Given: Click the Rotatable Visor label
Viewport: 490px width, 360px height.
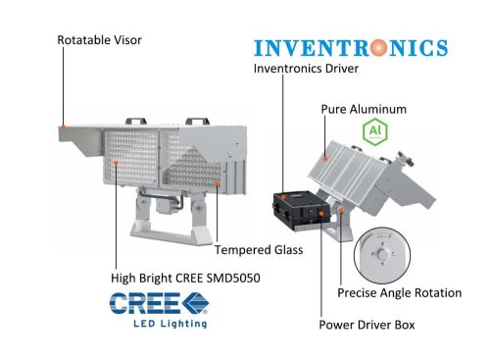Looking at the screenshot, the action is (99, 40).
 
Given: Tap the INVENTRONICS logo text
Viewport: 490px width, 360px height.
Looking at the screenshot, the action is (351, 48).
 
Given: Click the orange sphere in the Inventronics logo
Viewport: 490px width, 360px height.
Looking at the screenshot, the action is (379, 48).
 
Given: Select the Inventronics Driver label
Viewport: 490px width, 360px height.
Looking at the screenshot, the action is (306, 69).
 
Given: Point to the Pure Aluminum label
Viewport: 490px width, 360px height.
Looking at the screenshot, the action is (364, 109).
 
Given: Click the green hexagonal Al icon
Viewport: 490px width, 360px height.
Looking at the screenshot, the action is (375, 131).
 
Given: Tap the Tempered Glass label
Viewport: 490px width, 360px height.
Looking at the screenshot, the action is (259, 250).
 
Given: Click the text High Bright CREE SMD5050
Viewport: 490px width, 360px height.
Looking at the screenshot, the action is (185, 278).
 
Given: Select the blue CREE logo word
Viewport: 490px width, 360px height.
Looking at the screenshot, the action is (145, 303).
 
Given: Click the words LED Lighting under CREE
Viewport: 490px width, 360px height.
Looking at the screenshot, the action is (171, 324).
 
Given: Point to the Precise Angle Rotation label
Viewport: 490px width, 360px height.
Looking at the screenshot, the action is (399, 292).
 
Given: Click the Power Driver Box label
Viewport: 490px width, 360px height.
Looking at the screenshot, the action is (367, 325).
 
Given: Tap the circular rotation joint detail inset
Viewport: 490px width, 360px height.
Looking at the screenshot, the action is (382, 255).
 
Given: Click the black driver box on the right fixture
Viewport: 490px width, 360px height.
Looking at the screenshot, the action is (301, 210).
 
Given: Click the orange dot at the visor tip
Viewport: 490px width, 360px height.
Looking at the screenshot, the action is (64, 127).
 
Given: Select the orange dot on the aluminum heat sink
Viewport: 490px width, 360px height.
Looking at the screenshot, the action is (325, 159).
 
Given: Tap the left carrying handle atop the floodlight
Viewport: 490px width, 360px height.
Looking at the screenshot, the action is (136, 122).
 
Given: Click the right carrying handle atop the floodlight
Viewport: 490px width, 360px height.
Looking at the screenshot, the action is (197, 122).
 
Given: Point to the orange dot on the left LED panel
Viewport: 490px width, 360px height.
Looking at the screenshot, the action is (116, 162).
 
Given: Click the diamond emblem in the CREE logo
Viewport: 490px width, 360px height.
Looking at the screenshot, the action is (195, 303).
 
